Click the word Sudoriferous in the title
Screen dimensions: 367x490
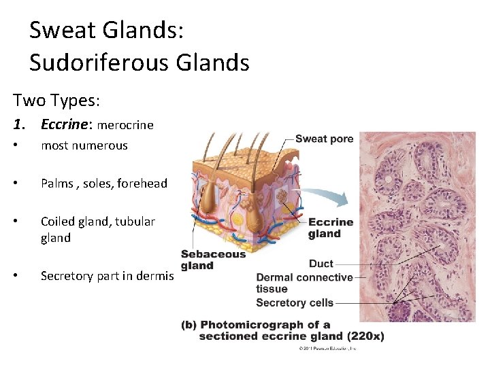pos(93,63)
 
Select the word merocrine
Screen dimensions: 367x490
pos(125,125)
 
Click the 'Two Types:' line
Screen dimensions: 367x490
pos(56,101)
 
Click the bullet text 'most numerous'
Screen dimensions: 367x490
pos(84,145)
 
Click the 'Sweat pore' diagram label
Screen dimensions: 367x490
pos(324,139)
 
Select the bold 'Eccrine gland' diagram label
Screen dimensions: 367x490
pos(331,228)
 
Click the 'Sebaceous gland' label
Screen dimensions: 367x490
pos(213,260)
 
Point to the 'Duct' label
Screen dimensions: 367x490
pos(321,264)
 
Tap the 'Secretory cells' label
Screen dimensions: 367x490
pos(295,302)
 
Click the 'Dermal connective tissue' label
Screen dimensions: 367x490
pos(304,283)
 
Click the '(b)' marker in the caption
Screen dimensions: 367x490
pos(189,324)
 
